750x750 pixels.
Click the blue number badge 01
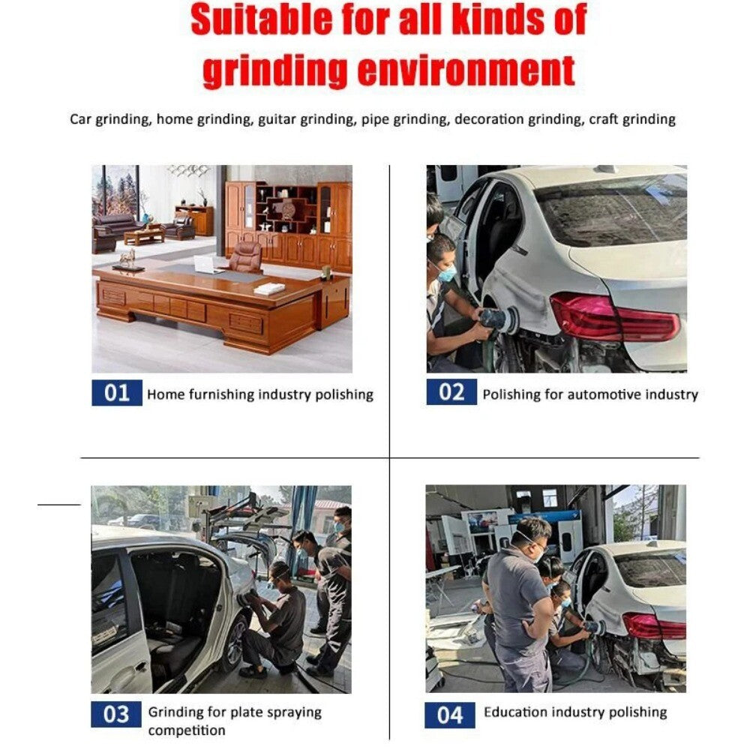click(116, 393)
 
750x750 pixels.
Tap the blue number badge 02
click(451, 392)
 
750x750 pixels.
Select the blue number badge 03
click(116, 714)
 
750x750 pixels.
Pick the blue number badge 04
click(450, 715)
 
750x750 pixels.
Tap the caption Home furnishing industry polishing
click(259, 394)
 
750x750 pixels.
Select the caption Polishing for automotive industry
click(589, 394)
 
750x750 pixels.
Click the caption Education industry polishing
click(575, 712)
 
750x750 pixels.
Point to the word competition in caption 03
click(186, 730)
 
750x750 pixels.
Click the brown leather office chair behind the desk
click(245, 257)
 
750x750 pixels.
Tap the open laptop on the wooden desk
click(203, 265)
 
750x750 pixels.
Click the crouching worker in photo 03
click(281, 619)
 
